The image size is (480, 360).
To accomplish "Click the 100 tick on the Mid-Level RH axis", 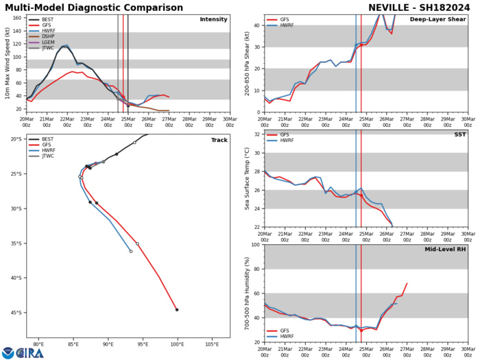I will pos(254,245).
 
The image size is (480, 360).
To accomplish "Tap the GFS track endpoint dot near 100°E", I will pos(177,310).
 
